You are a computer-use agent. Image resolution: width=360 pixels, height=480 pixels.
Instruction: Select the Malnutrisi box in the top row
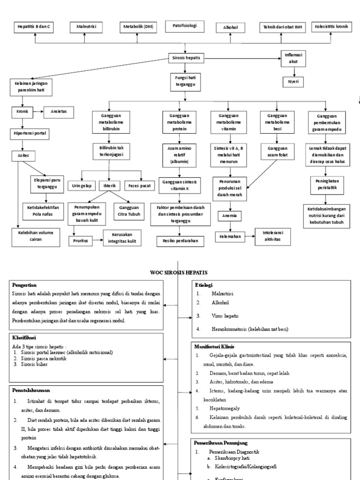click(86, 28)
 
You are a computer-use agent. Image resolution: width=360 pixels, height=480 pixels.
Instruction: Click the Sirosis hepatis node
click(186, 58)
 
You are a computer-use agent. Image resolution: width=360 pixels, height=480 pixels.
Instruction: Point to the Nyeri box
click(293, 82)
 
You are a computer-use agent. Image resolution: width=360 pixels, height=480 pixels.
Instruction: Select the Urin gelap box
click(81, 186)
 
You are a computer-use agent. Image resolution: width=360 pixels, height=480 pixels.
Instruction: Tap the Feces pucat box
click(140, 186)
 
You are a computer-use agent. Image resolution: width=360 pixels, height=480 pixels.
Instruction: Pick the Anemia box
click(230, 216)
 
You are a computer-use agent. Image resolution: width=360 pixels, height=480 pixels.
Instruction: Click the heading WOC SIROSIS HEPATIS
click(179, 272)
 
